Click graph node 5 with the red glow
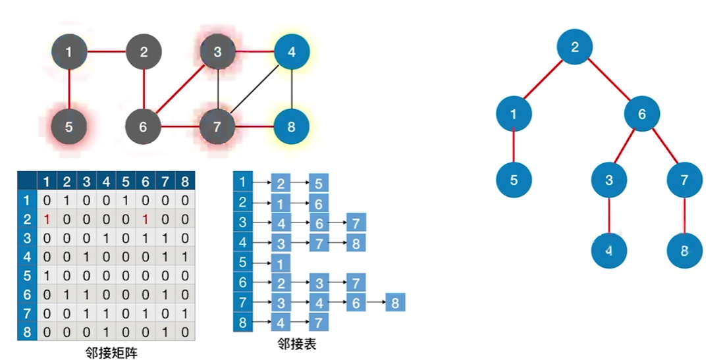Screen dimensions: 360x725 click(69, 126)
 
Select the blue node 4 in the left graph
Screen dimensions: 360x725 click(291, 51)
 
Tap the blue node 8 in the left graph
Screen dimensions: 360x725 click(291, 126)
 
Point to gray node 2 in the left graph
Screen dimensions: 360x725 click(144, 51)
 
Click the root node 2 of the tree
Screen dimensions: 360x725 click(574, 47)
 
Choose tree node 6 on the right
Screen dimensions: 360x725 click(642, 114)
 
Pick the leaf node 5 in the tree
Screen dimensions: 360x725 click(514, 179)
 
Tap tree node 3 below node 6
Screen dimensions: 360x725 click(608, 179)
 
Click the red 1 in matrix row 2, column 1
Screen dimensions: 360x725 click(47, 219)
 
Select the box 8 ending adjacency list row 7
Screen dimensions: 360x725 click(395, 303)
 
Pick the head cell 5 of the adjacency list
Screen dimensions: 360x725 click(243, 263)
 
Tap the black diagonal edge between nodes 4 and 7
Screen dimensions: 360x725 click(254, 89)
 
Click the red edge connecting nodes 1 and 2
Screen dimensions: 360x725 click(106, 51)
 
